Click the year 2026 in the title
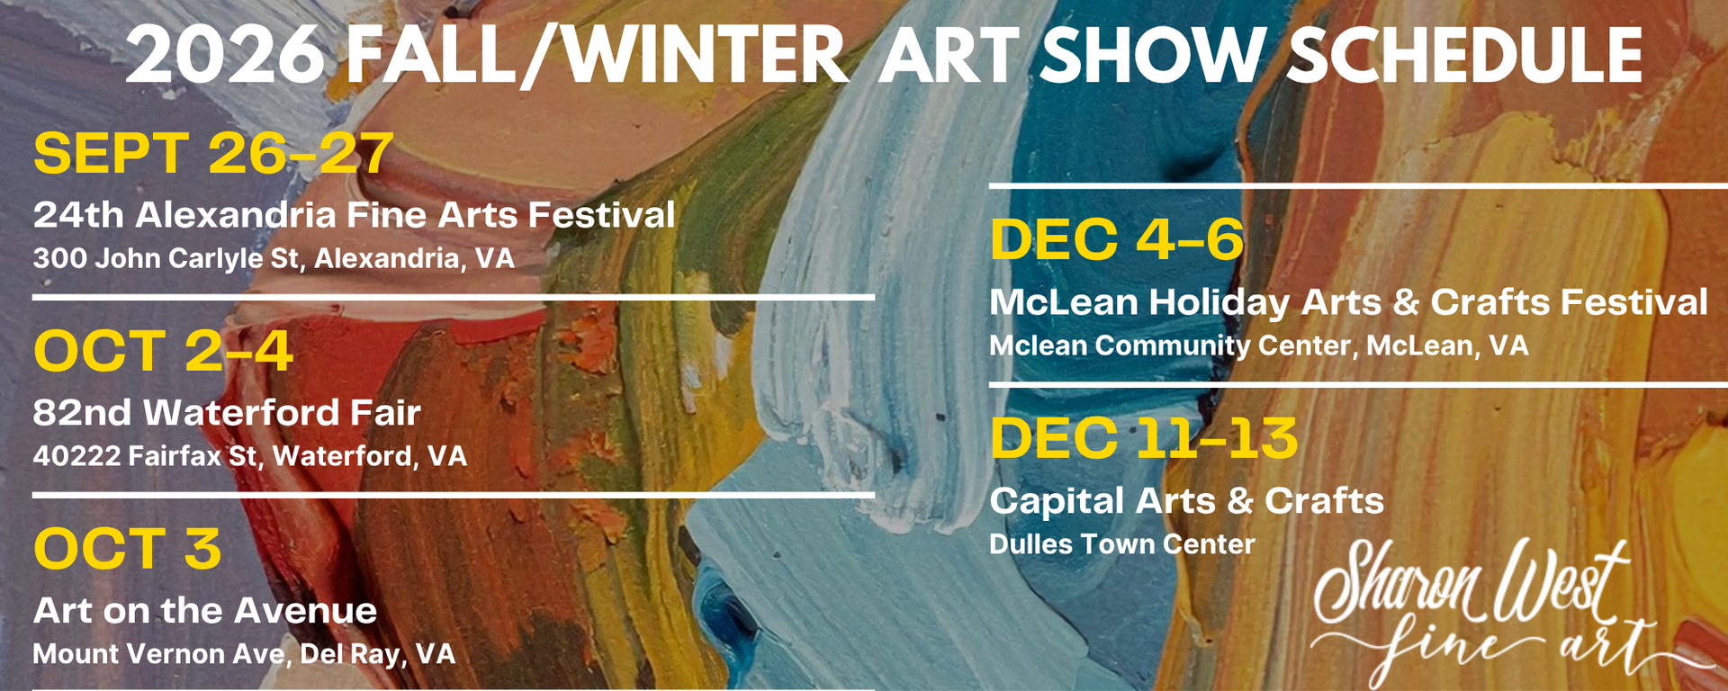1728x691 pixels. [x=225, y=55]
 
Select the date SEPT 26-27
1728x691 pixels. [x=213, y=153]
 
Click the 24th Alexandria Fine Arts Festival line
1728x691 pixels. [x=354, y=215]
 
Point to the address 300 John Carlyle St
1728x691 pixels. [x=274, y=259]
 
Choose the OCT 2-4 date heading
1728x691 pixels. [x=163, y=351]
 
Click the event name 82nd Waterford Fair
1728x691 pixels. [x=227, y=413]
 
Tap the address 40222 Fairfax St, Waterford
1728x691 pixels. [x=250, y=456]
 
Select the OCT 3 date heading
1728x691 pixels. [x=127, y=549]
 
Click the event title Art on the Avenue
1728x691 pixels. [x=205, y=611]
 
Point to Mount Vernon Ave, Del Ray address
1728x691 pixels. [x=244, y=654]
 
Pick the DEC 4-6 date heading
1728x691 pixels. [x=1117, y=240]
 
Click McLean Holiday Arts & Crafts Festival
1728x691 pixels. [x=1348, y=302]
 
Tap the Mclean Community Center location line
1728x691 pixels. [x=1259, y=345]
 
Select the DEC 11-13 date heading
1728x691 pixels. [x=1144, y=438]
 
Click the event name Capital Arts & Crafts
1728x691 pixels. [x=1187, y=501]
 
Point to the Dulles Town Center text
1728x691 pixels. [x=1122, y=544]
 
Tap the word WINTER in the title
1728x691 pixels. [x=706, y=55]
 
